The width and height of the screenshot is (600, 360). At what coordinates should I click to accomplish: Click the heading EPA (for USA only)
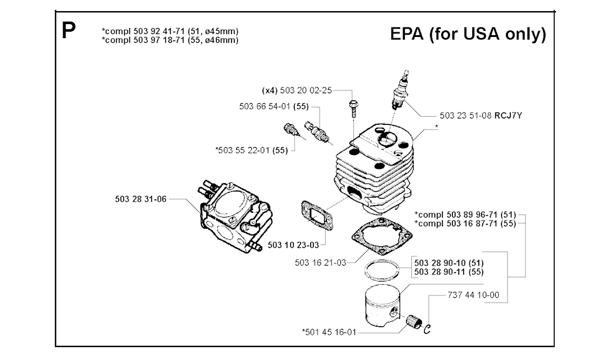(468, 34)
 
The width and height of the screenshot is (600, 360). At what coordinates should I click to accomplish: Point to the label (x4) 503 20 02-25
(297, 91)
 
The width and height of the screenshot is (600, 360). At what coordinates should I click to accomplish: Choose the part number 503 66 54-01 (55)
(274, 107)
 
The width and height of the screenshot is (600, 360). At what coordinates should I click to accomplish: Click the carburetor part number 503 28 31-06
(141, 199)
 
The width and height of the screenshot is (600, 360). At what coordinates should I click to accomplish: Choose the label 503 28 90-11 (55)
(452, 272)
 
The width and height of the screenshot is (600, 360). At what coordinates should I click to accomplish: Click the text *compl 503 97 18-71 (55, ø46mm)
(170, 40)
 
